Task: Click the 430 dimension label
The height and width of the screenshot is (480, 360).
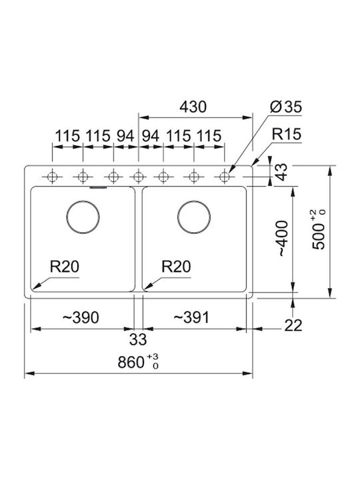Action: pos(193,107)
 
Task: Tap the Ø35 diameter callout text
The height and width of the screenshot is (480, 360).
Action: pos(286,107)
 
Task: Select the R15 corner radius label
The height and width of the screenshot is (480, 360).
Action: pos(287,134)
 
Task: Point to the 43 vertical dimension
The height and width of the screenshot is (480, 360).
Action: pos(282,172)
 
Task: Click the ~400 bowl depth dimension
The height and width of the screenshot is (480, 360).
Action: pos(283,238)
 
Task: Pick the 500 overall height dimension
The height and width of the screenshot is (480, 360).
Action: pos(319,229)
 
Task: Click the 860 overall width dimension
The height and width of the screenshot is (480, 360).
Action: pos(139,362)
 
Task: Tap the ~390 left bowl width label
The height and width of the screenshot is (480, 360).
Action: pos(81,317)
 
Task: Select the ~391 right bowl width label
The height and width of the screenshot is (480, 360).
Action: pos(191,317)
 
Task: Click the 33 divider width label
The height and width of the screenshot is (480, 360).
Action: pos(138,339)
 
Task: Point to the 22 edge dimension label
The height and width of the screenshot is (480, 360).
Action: pos(293,325)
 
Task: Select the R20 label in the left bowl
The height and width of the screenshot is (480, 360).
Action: pos(65,266)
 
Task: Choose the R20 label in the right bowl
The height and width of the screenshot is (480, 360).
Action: pos(176,266)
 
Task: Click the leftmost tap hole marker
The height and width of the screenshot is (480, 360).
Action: pos(53,177)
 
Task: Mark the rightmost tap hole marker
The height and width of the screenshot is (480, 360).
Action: pos(225,177)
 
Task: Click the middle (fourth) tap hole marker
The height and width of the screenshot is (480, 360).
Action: pos(139,177)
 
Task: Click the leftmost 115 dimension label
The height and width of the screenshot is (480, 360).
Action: pos(67,136)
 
